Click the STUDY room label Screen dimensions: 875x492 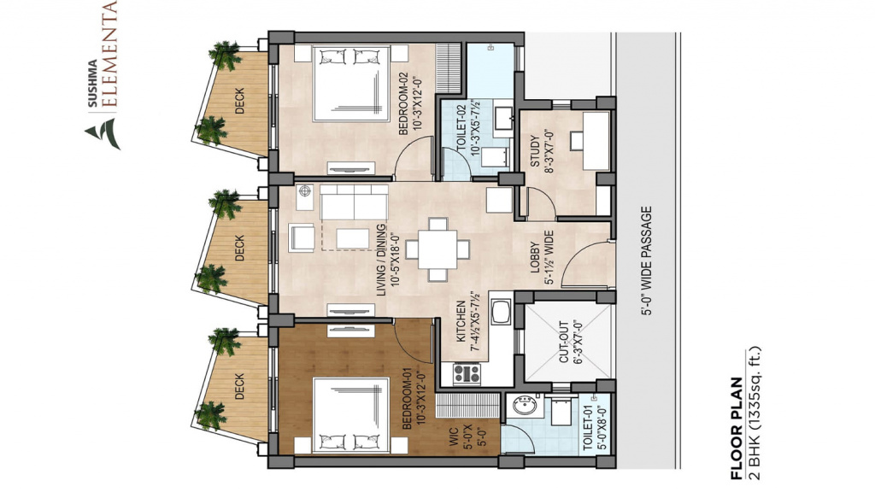tap(535, 151)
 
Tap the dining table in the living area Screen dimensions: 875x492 tap(438, 249)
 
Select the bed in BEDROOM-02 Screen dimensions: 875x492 tap(351, 84)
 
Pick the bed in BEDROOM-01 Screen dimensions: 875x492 tap(351, 416)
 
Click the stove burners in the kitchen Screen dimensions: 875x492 tap(467, 373)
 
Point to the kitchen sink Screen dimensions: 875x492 tap(501, 312)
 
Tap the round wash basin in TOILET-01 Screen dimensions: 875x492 tap(525, 405)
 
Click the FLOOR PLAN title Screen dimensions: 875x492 tap(737, 429)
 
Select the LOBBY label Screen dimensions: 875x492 tap(535, 257)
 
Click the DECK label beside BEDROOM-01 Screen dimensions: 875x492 tap(240, 386)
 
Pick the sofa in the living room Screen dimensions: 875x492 tap(354, 202)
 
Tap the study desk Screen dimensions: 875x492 tap(596, 141)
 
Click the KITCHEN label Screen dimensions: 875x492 tap(461, 322)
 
